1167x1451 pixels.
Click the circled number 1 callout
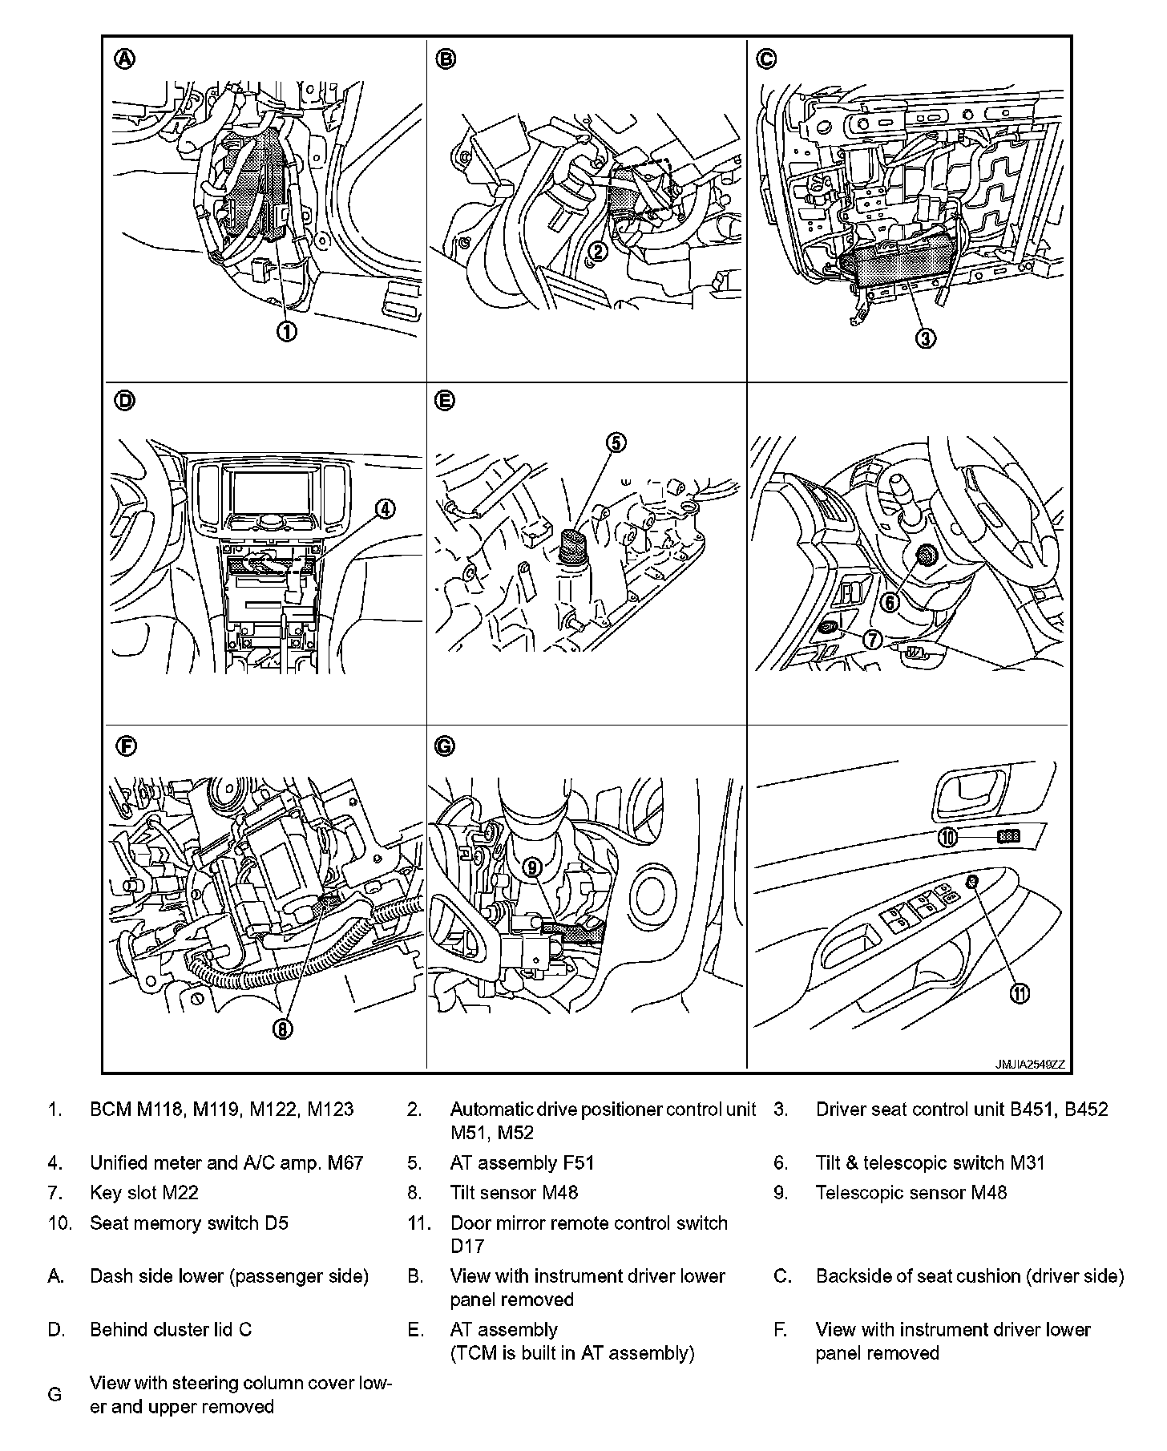coord(287,331)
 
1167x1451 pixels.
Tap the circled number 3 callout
coord(925,337)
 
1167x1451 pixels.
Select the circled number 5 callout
coord(616,443)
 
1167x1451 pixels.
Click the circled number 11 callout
coord(1019,993)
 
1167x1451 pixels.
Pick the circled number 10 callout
coord(948,837)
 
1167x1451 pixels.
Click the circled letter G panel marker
coord(444,746)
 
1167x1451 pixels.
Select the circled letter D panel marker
coord(125,401)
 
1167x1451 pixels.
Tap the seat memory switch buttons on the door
coord(1008,836)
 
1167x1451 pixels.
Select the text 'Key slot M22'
coord(144,1192)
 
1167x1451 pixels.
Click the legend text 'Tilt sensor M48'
coord(514,1192)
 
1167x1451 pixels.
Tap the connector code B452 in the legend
coord(1086,1109)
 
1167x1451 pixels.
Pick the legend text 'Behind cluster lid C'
coord(171,1329)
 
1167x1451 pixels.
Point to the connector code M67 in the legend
coord(345,1162)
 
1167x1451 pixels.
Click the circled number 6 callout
coord(890,601)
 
